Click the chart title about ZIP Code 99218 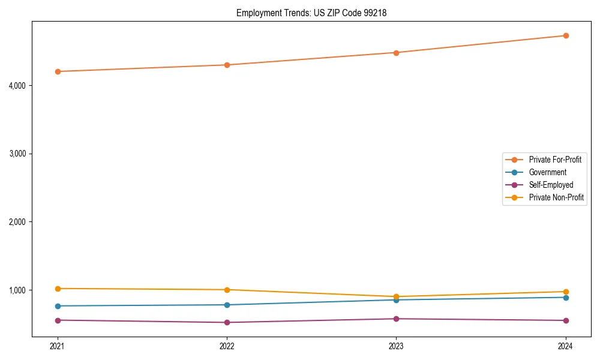coord(311,13)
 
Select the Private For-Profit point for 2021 coord(58,71)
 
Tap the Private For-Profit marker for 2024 coord(565,35)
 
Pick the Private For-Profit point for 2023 coord(396,53)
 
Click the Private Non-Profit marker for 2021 coord(58,289)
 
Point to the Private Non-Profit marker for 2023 coord(396,296)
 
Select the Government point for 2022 coord(227,305)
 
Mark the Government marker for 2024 coord(565,298)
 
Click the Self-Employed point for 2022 coord(227,322)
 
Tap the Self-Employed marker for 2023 coord(396,319)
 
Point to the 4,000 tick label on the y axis coord(17,86)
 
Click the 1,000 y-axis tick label coord(17,290)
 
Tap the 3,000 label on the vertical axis coord(17,154)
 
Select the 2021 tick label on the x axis coord(58,346)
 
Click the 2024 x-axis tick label coord(565,346)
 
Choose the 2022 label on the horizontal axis coord(227,346)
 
